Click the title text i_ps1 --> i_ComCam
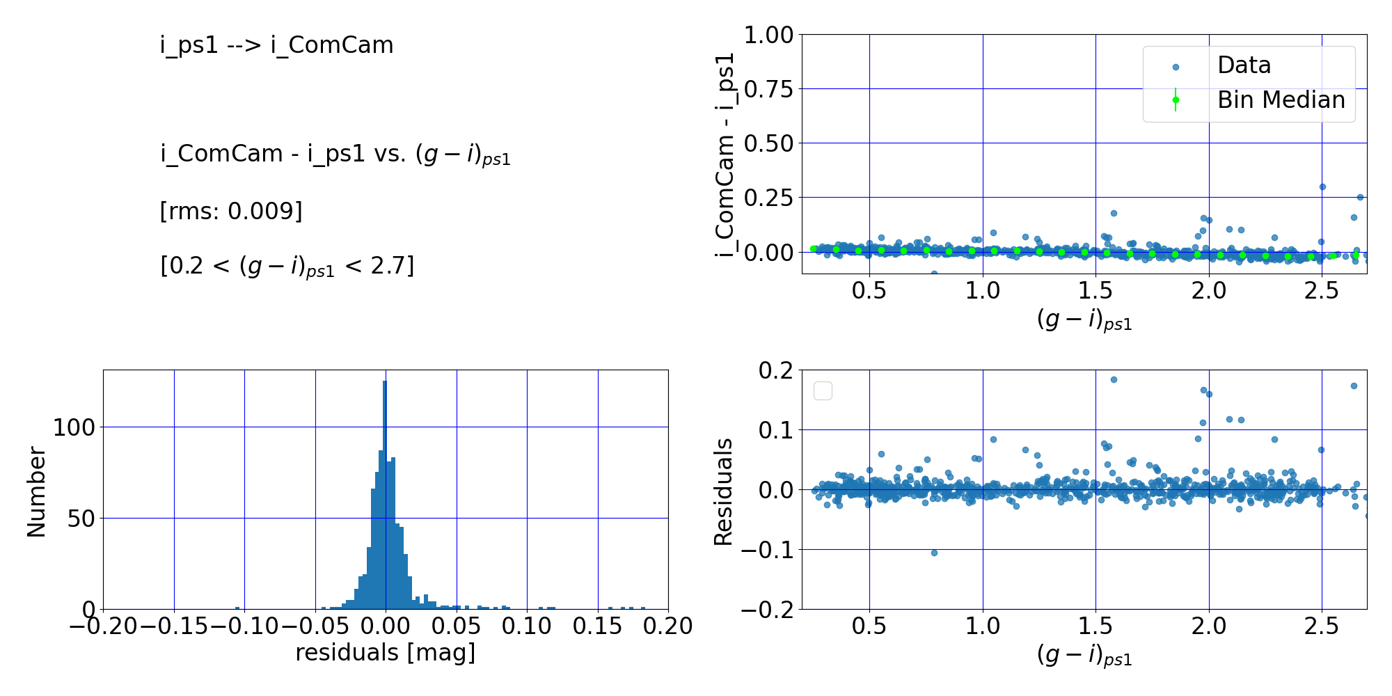click(276, 45)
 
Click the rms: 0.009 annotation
click(231, 211)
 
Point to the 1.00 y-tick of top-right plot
click(768, 35)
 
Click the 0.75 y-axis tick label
click(768, 89)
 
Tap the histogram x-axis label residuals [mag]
click(385, 653)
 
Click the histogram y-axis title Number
click(36, 491)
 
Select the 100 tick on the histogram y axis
click(74, 427)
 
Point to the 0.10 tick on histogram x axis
click(527, 626)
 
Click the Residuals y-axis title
click(724, 491)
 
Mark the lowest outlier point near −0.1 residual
click(934, 553)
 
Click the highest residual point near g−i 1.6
click(1114, 379)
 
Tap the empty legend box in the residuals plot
click(823, 391)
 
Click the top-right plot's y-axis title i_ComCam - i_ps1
click(725, 155)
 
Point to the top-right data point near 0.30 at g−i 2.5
click(1322, 187)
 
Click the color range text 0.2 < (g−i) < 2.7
click(287, 267)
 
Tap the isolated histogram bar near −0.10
click(237, 608)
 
